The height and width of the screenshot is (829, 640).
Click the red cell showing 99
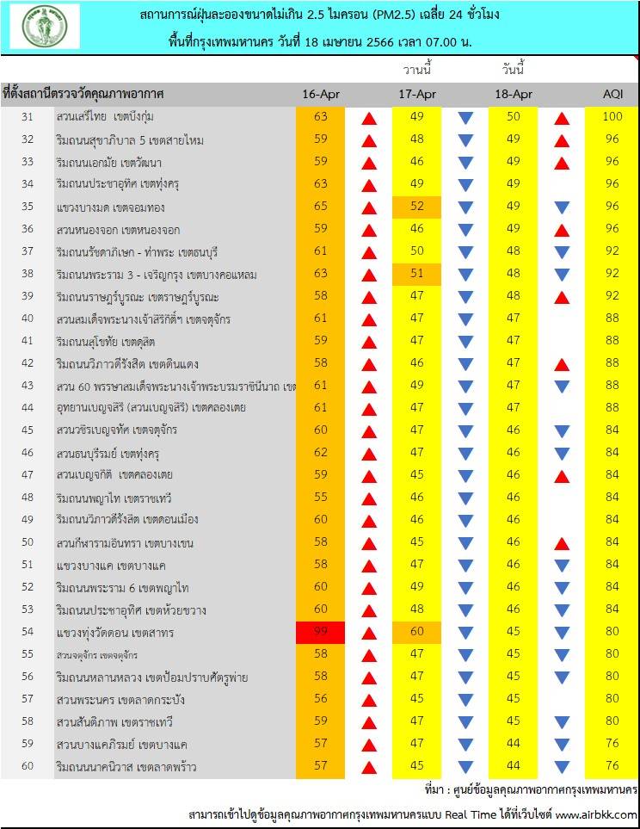coord(321,632)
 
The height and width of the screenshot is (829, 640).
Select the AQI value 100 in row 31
coord(612,117)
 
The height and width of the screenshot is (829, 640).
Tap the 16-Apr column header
coord(321,94)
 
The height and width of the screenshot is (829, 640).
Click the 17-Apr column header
coord(417,94)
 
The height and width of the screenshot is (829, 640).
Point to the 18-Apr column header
coord(514,94)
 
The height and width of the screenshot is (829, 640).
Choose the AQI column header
coord(612,94)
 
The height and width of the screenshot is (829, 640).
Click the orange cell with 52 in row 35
coord(417,207)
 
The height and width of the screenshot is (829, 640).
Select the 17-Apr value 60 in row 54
coord(417,632)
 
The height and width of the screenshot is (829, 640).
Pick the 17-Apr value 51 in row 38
coord(417,274)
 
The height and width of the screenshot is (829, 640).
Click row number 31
coord(27,117)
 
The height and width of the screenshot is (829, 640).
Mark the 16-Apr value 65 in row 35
coord(321,207)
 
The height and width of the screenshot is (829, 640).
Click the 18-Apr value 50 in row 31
coord(514,117)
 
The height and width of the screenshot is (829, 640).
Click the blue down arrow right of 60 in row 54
coord(465,633)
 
